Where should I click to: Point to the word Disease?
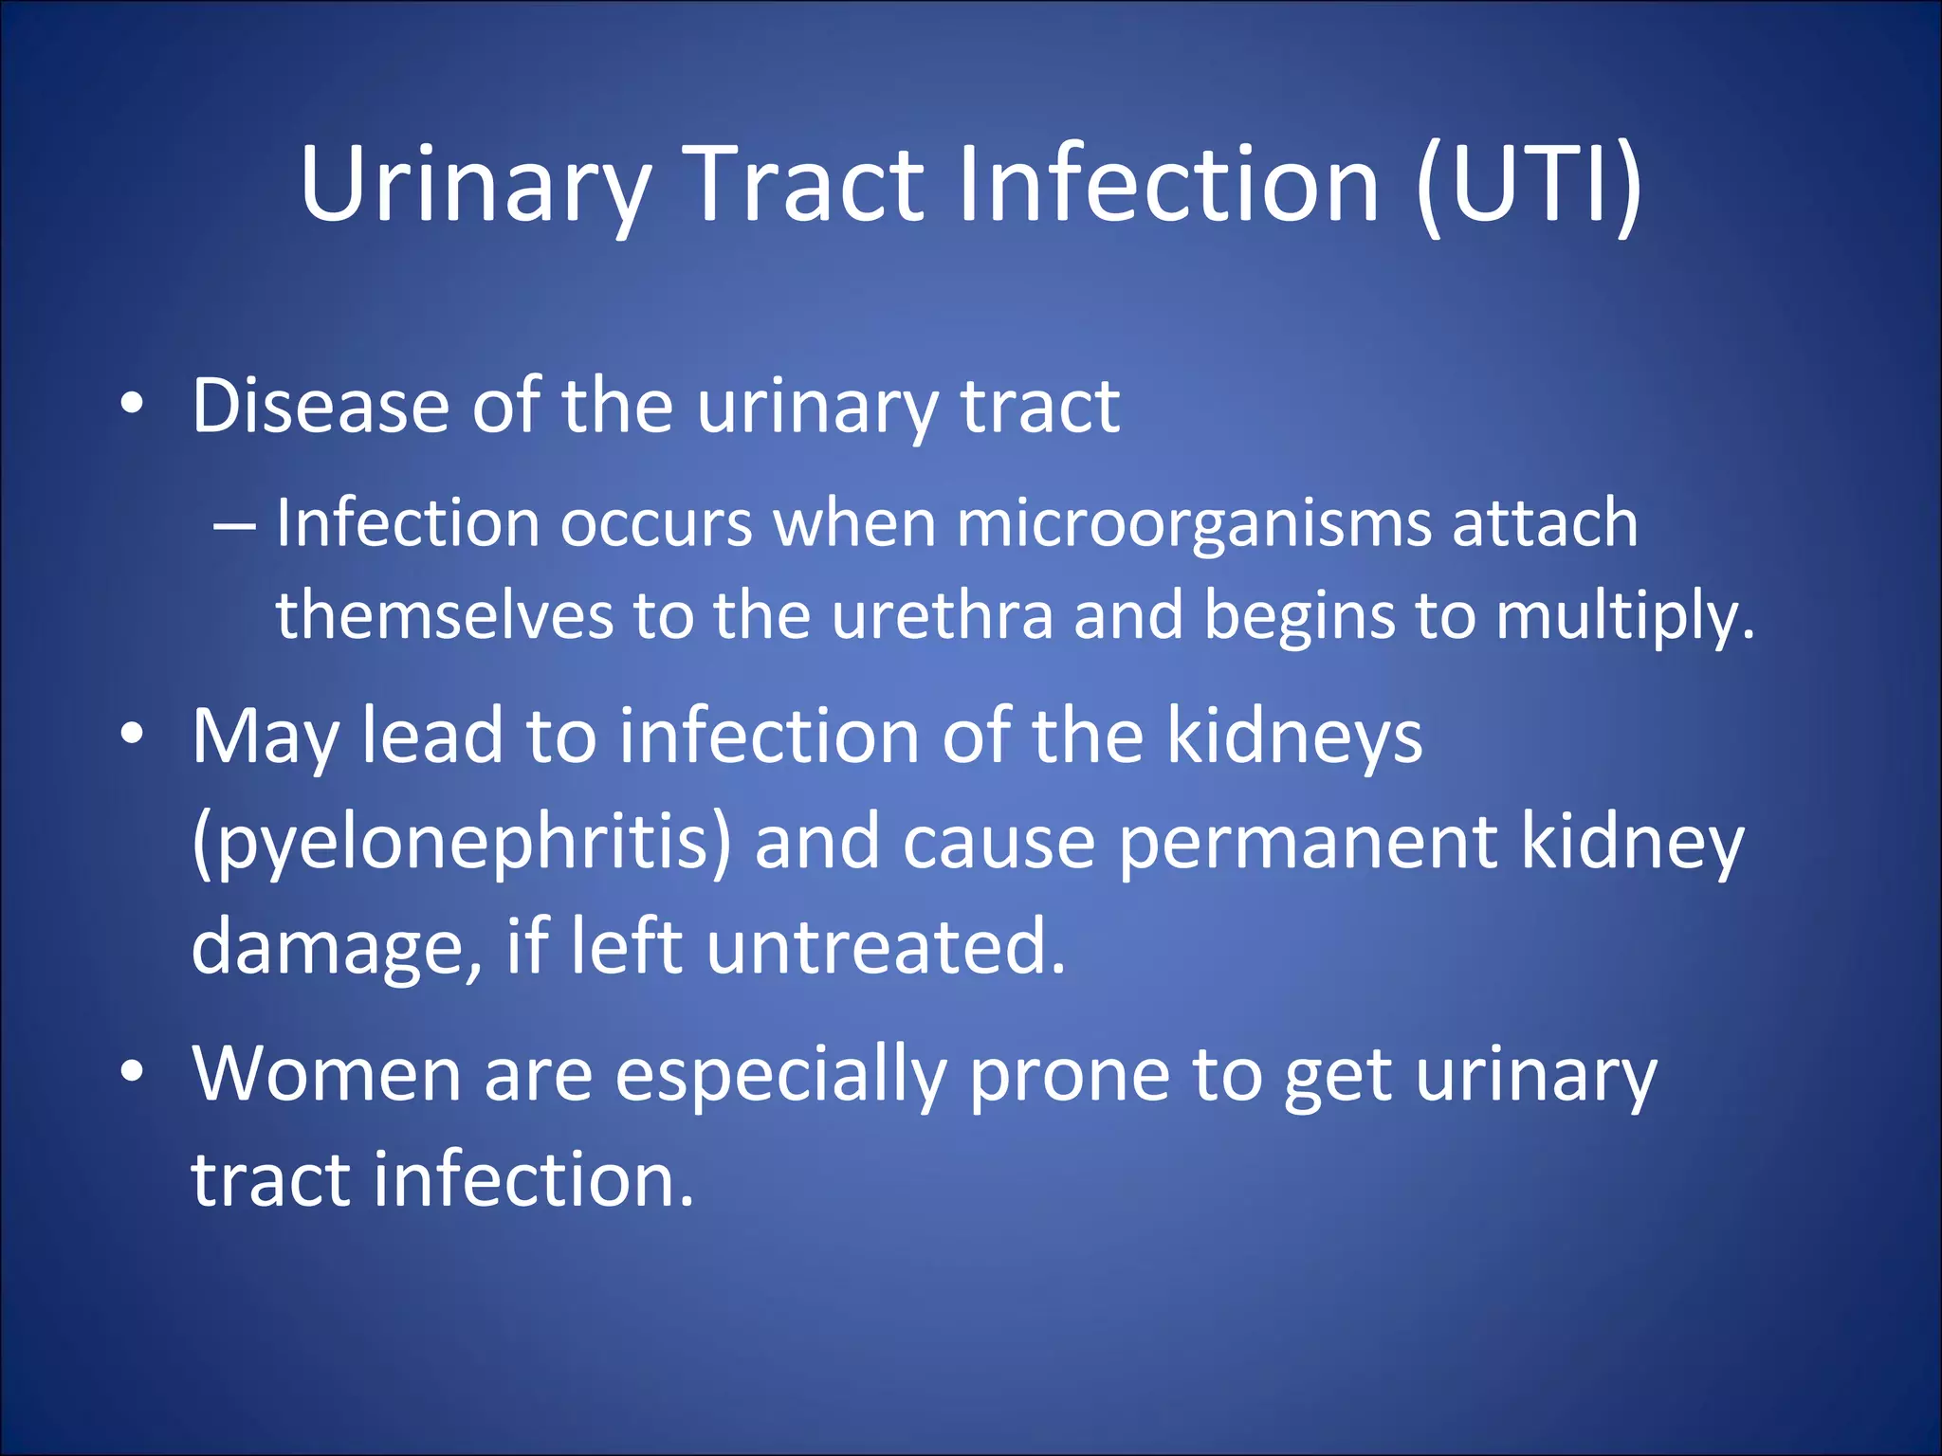click(x=321, y=407)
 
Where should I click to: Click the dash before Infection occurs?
click(x=233, y=524)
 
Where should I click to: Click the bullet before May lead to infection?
click(x=133, y=734)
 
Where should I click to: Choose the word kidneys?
click(x=1293, y=737)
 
